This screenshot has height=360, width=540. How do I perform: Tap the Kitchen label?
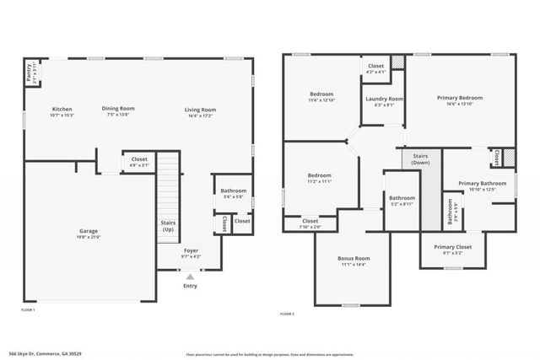(62, 109)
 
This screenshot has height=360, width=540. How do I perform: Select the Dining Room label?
(118, 108)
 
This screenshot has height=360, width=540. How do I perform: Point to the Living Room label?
(201, 109)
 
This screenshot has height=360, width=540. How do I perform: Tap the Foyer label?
(191, 250)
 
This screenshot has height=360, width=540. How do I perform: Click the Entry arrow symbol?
(191, 276)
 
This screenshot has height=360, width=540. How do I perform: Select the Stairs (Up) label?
(168, 226)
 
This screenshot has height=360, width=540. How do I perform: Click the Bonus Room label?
(355, 258)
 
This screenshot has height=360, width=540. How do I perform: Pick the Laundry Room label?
(380, 99)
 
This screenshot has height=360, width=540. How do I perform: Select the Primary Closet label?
(453, 247)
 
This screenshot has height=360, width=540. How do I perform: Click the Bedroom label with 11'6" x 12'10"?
(321, 94)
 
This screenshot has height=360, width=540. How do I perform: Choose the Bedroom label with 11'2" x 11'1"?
(319, 175)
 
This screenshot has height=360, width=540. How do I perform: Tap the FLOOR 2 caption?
(287, 314)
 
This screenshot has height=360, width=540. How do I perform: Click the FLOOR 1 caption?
(28, 310)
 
